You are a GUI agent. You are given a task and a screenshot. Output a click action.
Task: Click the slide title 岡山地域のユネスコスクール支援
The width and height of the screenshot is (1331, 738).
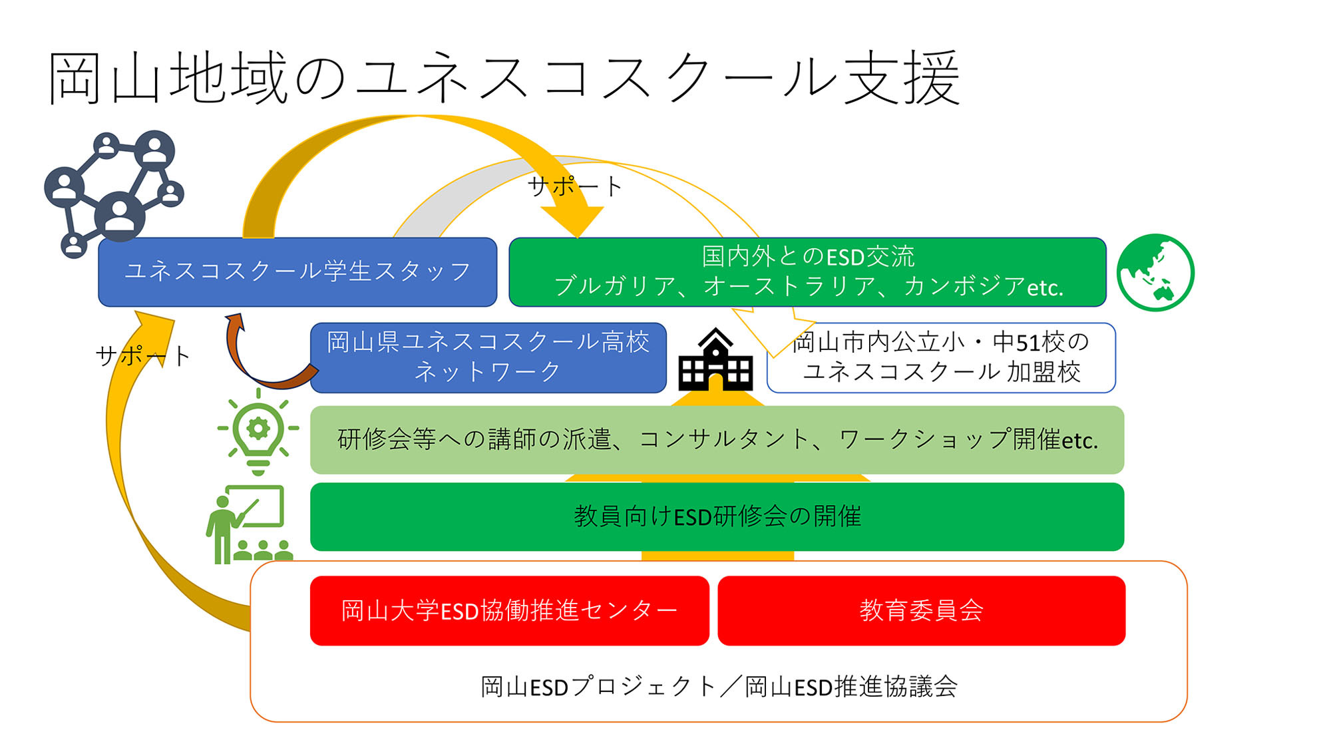pos(504,79)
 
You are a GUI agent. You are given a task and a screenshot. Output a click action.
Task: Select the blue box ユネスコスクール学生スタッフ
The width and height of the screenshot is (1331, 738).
pos(297,272)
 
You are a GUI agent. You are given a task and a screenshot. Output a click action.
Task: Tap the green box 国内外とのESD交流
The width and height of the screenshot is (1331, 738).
pos(807,272)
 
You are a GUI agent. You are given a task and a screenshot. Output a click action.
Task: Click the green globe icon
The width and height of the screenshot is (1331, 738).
pos(1155,272)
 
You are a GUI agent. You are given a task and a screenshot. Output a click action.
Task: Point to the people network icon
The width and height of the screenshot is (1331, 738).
pos(114,193)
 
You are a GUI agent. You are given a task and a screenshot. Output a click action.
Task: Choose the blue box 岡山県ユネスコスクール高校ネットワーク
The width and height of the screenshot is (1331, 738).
pos(488,357)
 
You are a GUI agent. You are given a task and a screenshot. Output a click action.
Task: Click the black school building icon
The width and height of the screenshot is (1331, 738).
pos(715,359)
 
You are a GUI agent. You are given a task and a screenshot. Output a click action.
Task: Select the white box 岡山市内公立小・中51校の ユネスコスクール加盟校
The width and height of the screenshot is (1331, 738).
pos(941,357)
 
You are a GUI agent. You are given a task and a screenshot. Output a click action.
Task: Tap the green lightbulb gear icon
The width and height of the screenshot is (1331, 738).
pos(258,431)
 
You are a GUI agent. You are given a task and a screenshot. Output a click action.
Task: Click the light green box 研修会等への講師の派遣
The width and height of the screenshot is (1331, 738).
pos(717,440)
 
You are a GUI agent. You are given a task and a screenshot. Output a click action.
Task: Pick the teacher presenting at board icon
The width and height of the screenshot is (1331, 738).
pos(250,524)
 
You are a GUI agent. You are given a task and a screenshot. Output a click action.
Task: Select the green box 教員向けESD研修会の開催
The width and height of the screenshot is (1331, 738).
pos(717,517)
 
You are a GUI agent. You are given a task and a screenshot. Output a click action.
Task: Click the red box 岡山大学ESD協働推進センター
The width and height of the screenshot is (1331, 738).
pos(509,611)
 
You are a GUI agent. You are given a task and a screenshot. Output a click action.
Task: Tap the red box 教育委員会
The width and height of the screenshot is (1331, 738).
pos(922,611)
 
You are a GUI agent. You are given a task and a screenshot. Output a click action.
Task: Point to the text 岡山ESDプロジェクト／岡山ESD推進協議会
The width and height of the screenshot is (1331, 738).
pos(719,687)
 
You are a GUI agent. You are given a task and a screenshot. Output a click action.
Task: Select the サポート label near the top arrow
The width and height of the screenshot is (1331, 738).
pos(575,186)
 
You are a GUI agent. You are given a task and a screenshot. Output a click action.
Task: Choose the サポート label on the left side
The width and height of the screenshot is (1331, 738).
pos(143,356)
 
